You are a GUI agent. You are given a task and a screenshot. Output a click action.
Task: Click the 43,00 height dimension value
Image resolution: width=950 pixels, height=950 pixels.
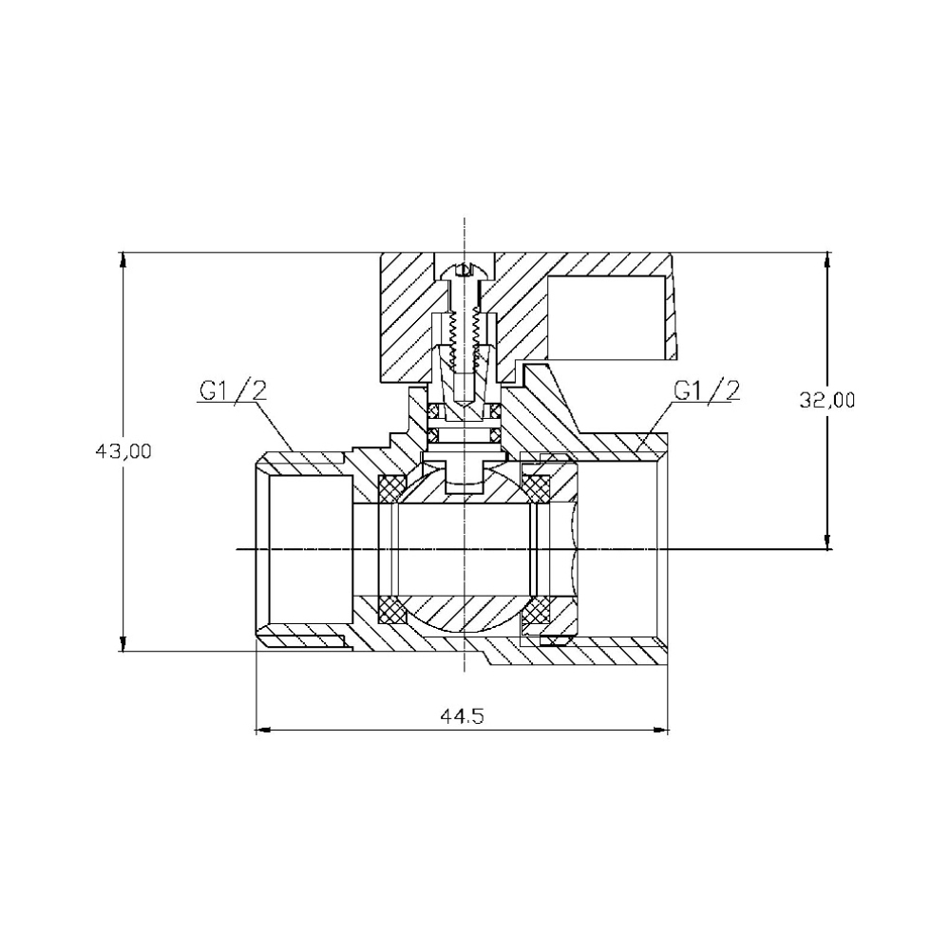coord(123,451)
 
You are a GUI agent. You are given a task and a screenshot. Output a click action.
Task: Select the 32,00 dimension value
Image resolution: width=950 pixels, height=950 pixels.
coord(827,401)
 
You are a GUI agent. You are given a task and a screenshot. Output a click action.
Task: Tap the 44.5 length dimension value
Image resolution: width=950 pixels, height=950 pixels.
coord(463,716)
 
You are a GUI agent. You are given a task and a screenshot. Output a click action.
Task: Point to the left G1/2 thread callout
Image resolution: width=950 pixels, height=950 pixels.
coord(233,390)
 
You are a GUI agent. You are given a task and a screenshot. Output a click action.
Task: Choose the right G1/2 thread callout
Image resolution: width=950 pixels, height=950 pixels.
coord(707,390)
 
